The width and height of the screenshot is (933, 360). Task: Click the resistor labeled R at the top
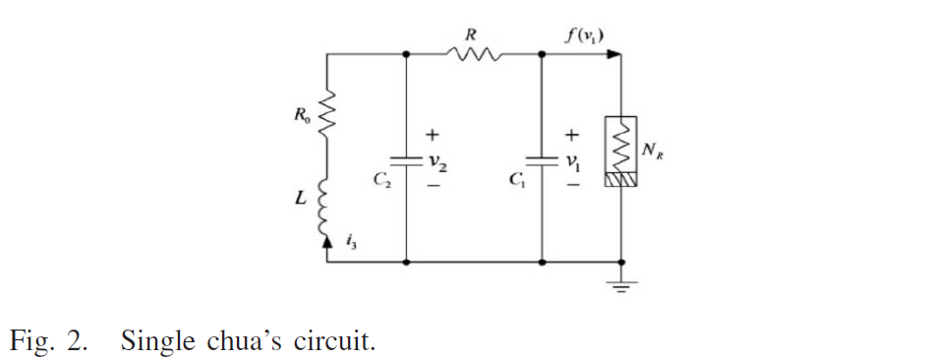[x=474, y=54]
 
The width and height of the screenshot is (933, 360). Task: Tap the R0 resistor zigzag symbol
[x=326, y=113]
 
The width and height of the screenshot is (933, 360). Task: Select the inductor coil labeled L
[x=324, y=208]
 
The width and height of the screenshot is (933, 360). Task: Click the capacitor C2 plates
[x=406, y=162]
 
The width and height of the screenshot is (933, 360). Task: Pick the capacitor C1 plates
[x=542, y=162]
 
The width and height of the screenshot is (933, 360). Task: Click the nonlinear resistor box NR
[x=620, y=151]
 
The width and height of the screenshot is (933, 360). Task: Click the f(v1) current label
[x=583, y=37]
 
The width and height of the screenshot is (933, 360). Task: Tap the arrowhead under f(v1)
[x=613, y=54]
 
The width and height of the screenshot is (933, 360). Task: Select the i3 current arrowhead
[x=326, y=241]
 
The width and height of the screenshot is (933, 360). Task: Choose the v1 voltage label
[x=572, y=163]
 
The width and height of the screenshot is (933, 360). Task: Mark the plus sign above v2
[x=432, y=136]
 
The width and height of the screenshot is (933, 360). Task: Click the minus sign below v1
[x=571, y=186]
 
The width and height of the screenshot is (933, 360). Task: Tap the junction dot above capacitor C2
[x=406, y=54]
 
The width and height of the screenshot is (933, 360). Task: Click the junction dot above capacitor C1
[x=542, y=54]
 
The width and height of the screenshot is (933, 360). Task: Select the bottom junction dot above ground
[x=621, y=262]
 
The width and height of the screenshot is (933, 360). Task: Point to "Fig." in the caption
[x=31, y=342]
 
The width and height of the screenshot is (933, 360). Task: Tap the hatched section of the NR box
[x=620, y=180]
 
